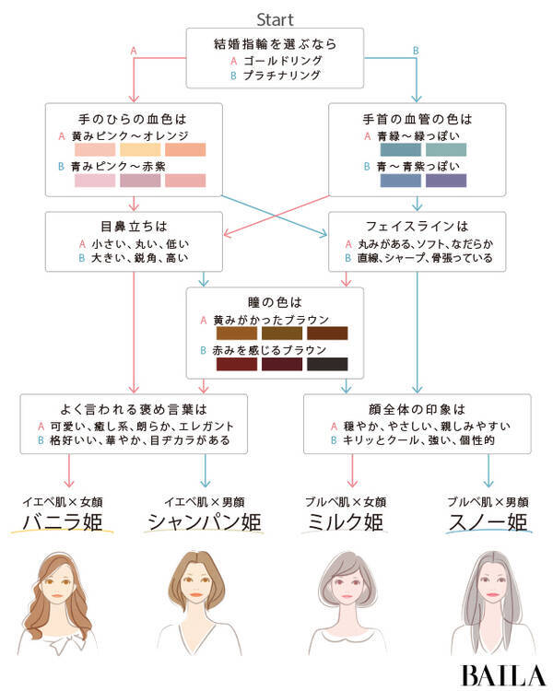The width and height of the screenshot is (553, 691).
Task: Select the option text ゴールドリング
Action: (x=282, y=60)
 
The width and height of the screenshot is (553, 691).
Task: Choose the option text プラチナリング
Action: (x=282, y=76)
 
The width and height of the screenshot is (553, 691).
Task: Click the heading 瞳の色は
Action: (x=276, y=302)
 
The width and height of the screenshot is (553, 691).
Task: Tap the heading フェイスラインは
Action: (x=418, y=226)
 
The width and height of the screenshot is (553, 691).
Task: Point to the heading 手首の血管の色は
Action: (x=417, y=119)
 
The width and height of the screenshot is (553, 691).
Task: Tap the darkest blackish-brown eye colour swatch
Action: (x=327, y=365)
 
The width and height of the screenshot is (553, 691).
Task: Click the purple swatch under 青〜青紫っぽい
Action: (x=446, y=181)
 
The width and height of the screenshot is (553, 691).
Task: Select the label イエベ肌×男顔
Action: (x=205, y=502)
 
